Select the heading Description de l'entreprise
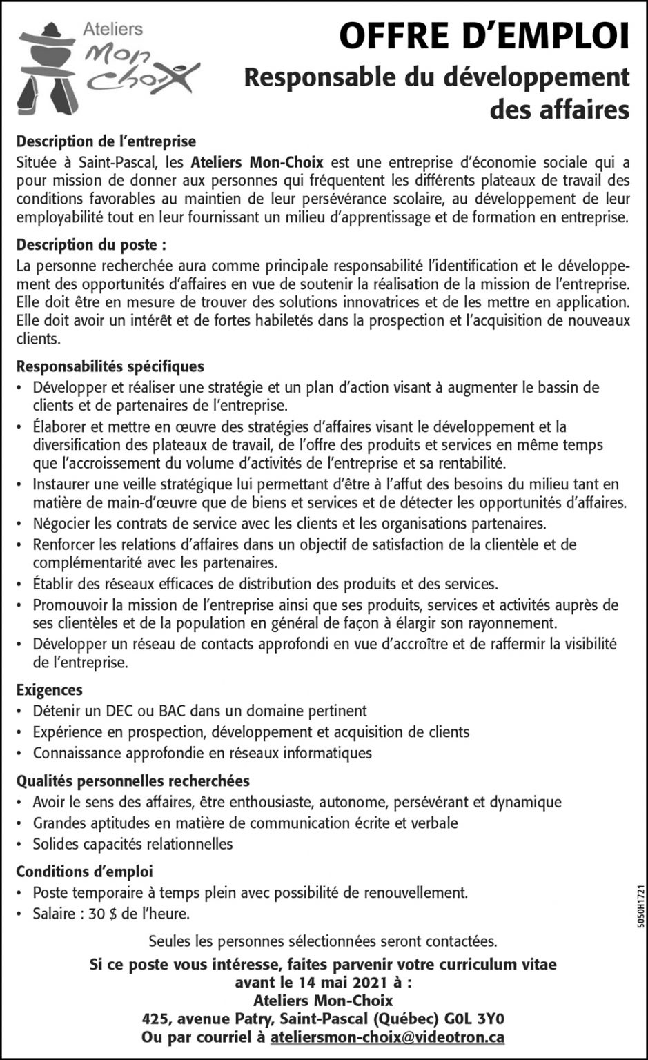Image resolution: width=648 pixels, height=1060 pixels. click(x=106, y=141)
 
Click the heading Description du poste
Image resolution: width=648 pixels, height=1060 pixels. click(x=91, y=245)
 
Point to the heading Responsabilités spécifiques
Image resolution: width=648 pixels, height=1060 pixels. click(x=110, y=366)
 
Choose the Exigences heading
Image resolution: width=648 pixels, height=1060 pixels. click(x=49, y=689)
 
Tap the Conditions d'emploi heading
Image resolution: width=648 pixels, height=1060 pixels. click(x=85, y=872)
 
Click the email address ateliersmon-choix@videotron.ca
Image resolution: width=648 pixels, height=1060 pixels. click(x=387, y=1037)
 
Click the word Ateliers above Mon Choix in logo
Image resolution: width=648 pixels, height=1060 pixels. click(x=112, y=29)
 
